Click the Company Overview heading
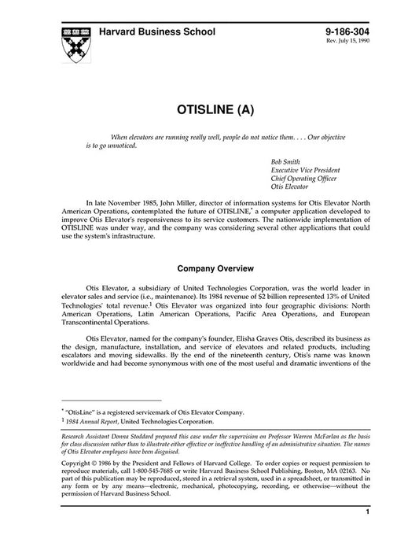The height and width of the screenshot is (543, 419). coord(209,267)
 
